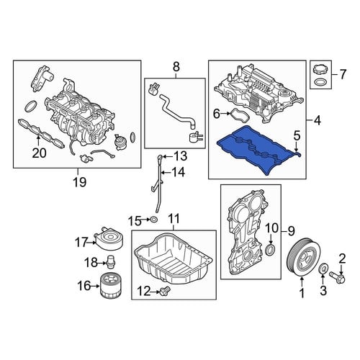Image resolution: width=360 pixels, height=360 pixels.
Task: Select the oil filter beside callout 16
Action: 111,286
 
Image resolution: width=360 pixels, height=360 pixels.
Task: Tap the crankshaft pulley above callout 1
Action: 303,256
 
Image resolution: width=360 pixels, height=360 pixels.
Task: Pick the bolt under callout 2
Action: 338,276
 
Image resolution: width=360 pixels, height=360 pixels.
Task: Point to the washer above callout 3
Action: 323,269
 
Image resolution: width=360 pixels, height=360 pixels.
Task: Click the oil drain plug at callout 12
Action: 166,291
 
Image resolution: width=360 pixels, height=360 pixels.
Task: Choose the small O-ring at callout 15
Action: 153,219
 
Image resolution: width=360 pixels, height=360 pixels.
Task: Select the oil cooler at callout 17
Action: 109,238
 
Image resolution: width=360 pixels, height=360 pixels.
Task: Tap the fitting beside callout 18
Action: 110,262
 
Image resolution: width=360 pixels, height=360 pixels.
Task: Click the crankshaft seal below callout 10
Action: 271,249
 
